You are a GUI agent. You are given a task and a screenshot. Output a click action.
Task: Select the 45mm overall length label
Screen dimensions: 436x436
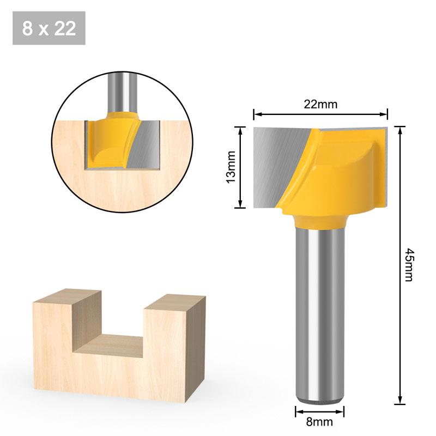coord(409,265)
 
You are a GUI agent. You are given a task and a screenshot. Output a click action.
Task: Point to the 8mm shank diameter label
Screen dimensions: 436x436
coord(320,421)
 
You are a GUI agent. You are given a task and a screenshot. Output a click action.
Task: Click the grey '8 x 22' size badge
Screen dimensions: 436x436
coord(49,28)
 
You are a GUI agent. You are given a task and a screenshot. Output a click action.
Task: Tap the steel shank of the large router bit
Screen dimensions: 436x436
coord(320,311)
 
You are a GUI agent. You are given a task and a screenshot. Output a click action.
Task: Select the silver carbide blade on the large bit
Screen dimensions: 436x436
coord(275,163)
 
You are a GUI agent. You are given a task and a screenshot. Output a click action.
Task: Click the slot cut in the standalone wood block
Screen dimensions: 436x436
coord(123,343)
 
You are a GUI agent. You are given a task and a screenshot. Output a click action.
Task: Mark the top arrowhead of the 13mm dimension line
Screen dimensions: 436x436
coord(239,129)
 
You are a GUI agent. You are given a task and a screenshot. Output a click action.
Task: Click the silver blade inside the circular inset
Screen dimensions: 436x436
coord(144,144)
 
